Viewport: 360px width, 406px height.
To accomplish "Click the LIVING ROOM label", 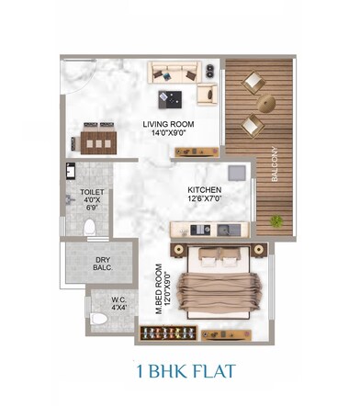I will coord(167,123).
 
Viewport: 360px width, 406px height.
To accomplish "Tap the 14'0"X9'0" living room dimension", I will coord(167,132).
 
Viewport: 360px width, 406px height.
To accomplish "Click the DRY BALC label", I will coord(103,265).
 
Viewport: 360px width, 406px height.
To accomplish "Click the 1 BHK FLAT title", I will coord(179,372).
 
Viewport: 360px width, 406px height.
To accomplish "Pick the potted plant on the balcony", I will coord(276,221).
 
